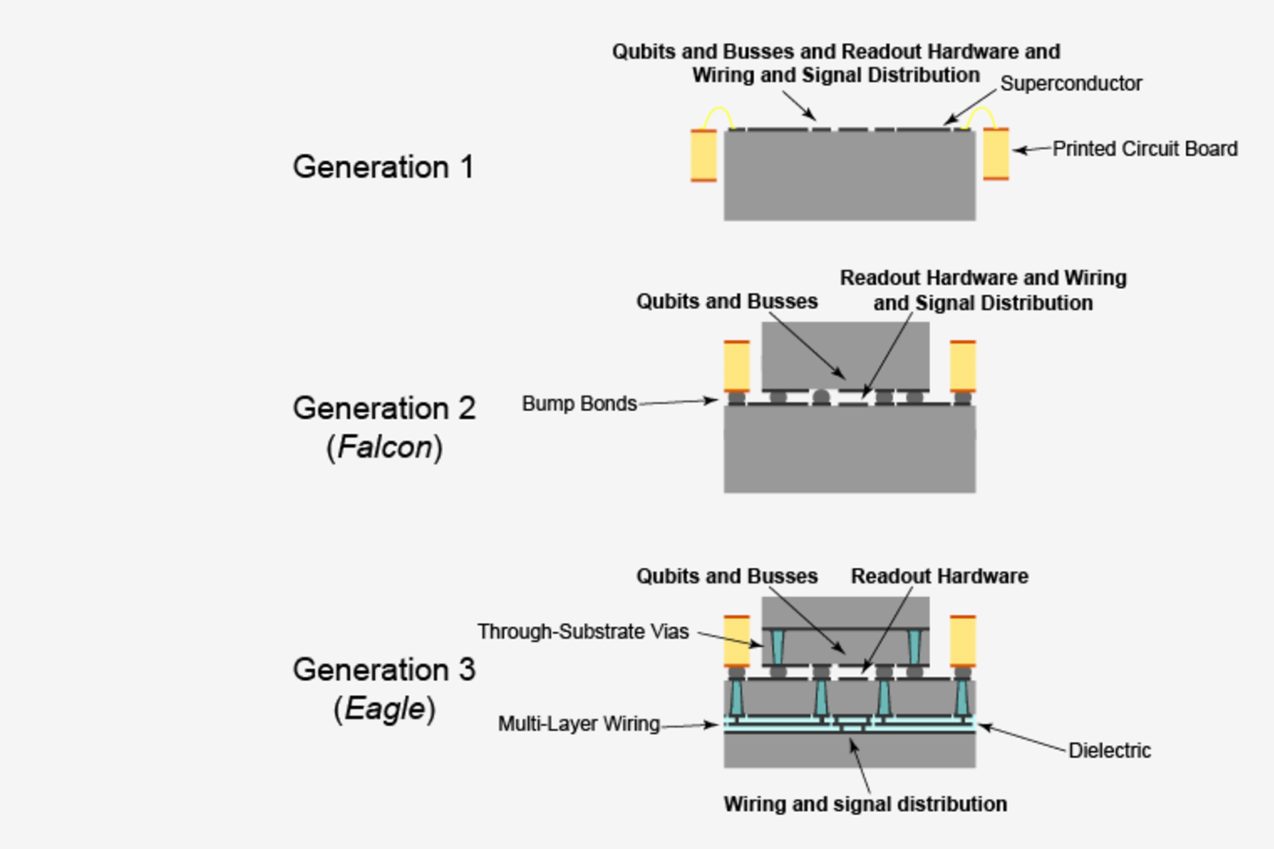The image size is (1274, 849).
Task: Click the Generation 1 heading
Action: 382,167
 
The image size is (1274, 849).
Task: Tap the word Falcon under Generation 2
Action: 385,447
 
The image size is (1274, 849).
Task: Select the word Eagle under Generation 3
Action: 384,709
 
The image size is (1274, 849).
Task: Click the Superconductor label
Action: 1070,83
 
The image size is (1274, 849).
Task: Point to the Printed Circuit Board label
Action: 1144,149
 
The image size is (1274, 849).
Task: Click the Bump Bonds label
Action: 579,403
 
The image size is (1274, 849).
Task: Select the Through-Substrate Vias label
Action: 583,632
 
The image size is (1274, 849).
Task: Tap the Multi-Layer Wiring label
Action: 578,724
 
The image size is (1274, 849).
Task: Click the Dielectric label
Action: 1109,751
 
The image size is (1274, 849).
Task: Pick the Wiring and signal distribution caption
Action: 865,804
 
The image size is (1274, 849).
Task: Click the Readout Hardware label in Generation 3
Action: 939,576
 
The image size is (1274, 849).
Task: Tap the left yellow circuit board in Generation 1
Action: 704,155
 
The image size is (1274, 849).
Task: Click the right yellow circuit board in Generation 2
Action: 962,366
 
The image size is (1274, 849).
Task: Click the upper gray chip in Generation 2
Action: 845,352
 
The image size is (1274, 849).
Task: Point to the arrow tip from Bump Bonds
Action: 714,400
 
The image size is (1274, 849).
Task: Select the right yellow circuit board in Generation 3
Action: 962,641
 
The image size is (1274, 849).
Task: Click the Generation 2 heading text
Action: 384,408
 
